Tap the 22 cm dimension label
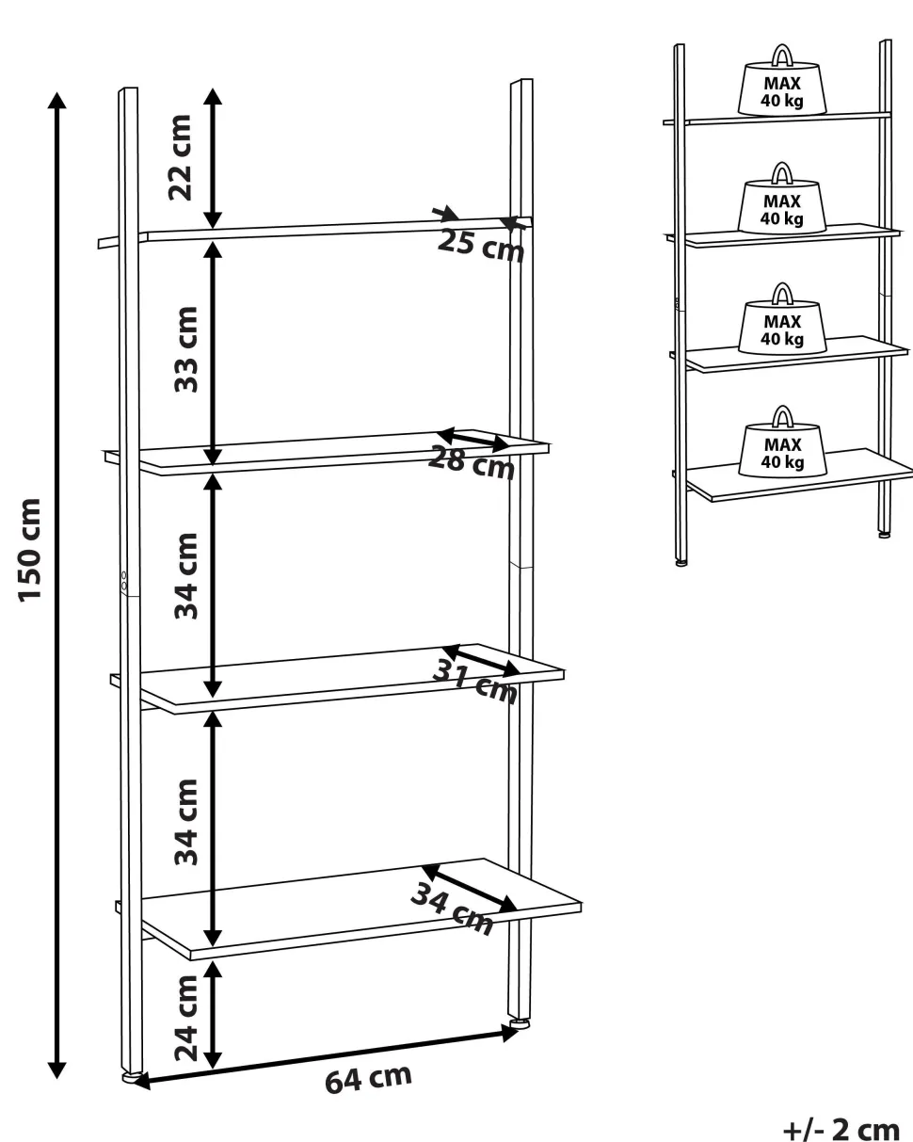(x=180, y=157)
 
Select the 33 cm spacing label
(x=185, y=349)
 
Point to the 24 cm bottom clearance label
(x=185, y=1018)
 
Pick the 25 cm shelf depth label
(x=481, y=246)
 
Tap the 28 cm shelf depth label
(x=471, y=462)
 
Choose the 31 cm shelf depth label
(x=474, y=682)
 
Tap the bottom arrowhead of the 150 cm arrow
(x=56, y=1070)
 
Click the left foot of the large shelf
(x=130, y=1077)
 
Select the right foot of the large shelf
(x=520, y=1023)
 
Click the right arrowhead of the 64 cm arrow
(x=510, y=1033)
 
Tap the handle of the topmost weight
(x=782, y=55)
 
